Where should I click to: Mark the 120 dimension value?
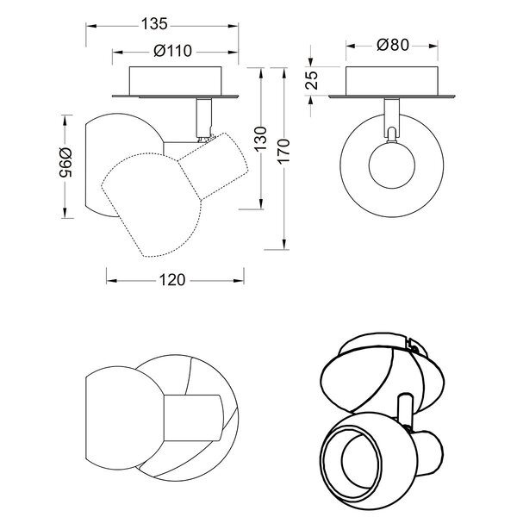point(173,279)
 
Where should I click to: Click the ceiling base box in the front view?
point(394,83)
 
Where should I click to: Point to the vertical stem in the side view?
point(203,116)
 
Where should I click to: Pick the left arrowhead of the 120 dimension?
point(108,279)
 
